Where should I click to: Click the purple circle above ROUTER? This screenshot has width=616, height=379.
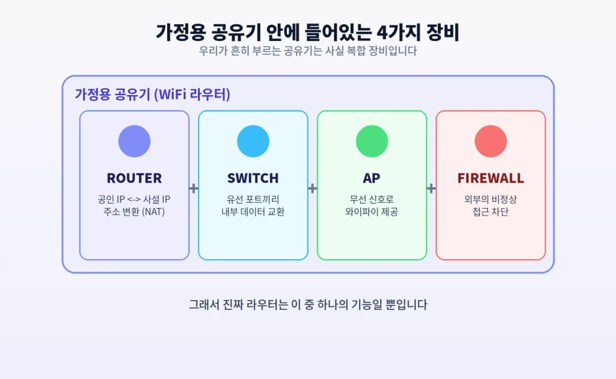[134, 141]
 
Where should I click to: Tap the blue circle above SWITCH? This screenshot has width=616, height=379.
[253, 141]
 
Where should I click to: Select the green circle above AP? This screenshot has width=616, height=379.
[372, 141]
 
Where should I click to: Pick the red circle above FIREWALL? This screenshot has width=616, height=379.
[491, 141]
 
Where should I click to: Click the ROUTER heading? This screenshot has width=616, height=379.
[134, 178]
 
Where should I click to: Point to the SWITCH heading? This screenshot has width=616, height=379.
[253, 178]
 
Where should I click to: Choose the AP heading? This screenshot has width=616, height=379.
[372, 178]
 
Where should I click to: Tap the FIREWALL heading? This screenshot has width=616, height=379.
[491, 178]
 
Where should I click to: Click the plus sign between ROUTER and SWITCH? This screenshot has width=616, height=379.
[193, 189]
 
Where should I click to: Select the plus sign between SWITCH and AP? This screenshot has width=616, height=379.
[312, 189]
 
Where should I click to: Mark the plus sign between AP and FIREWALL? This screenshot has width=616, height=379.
[431, 189]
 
